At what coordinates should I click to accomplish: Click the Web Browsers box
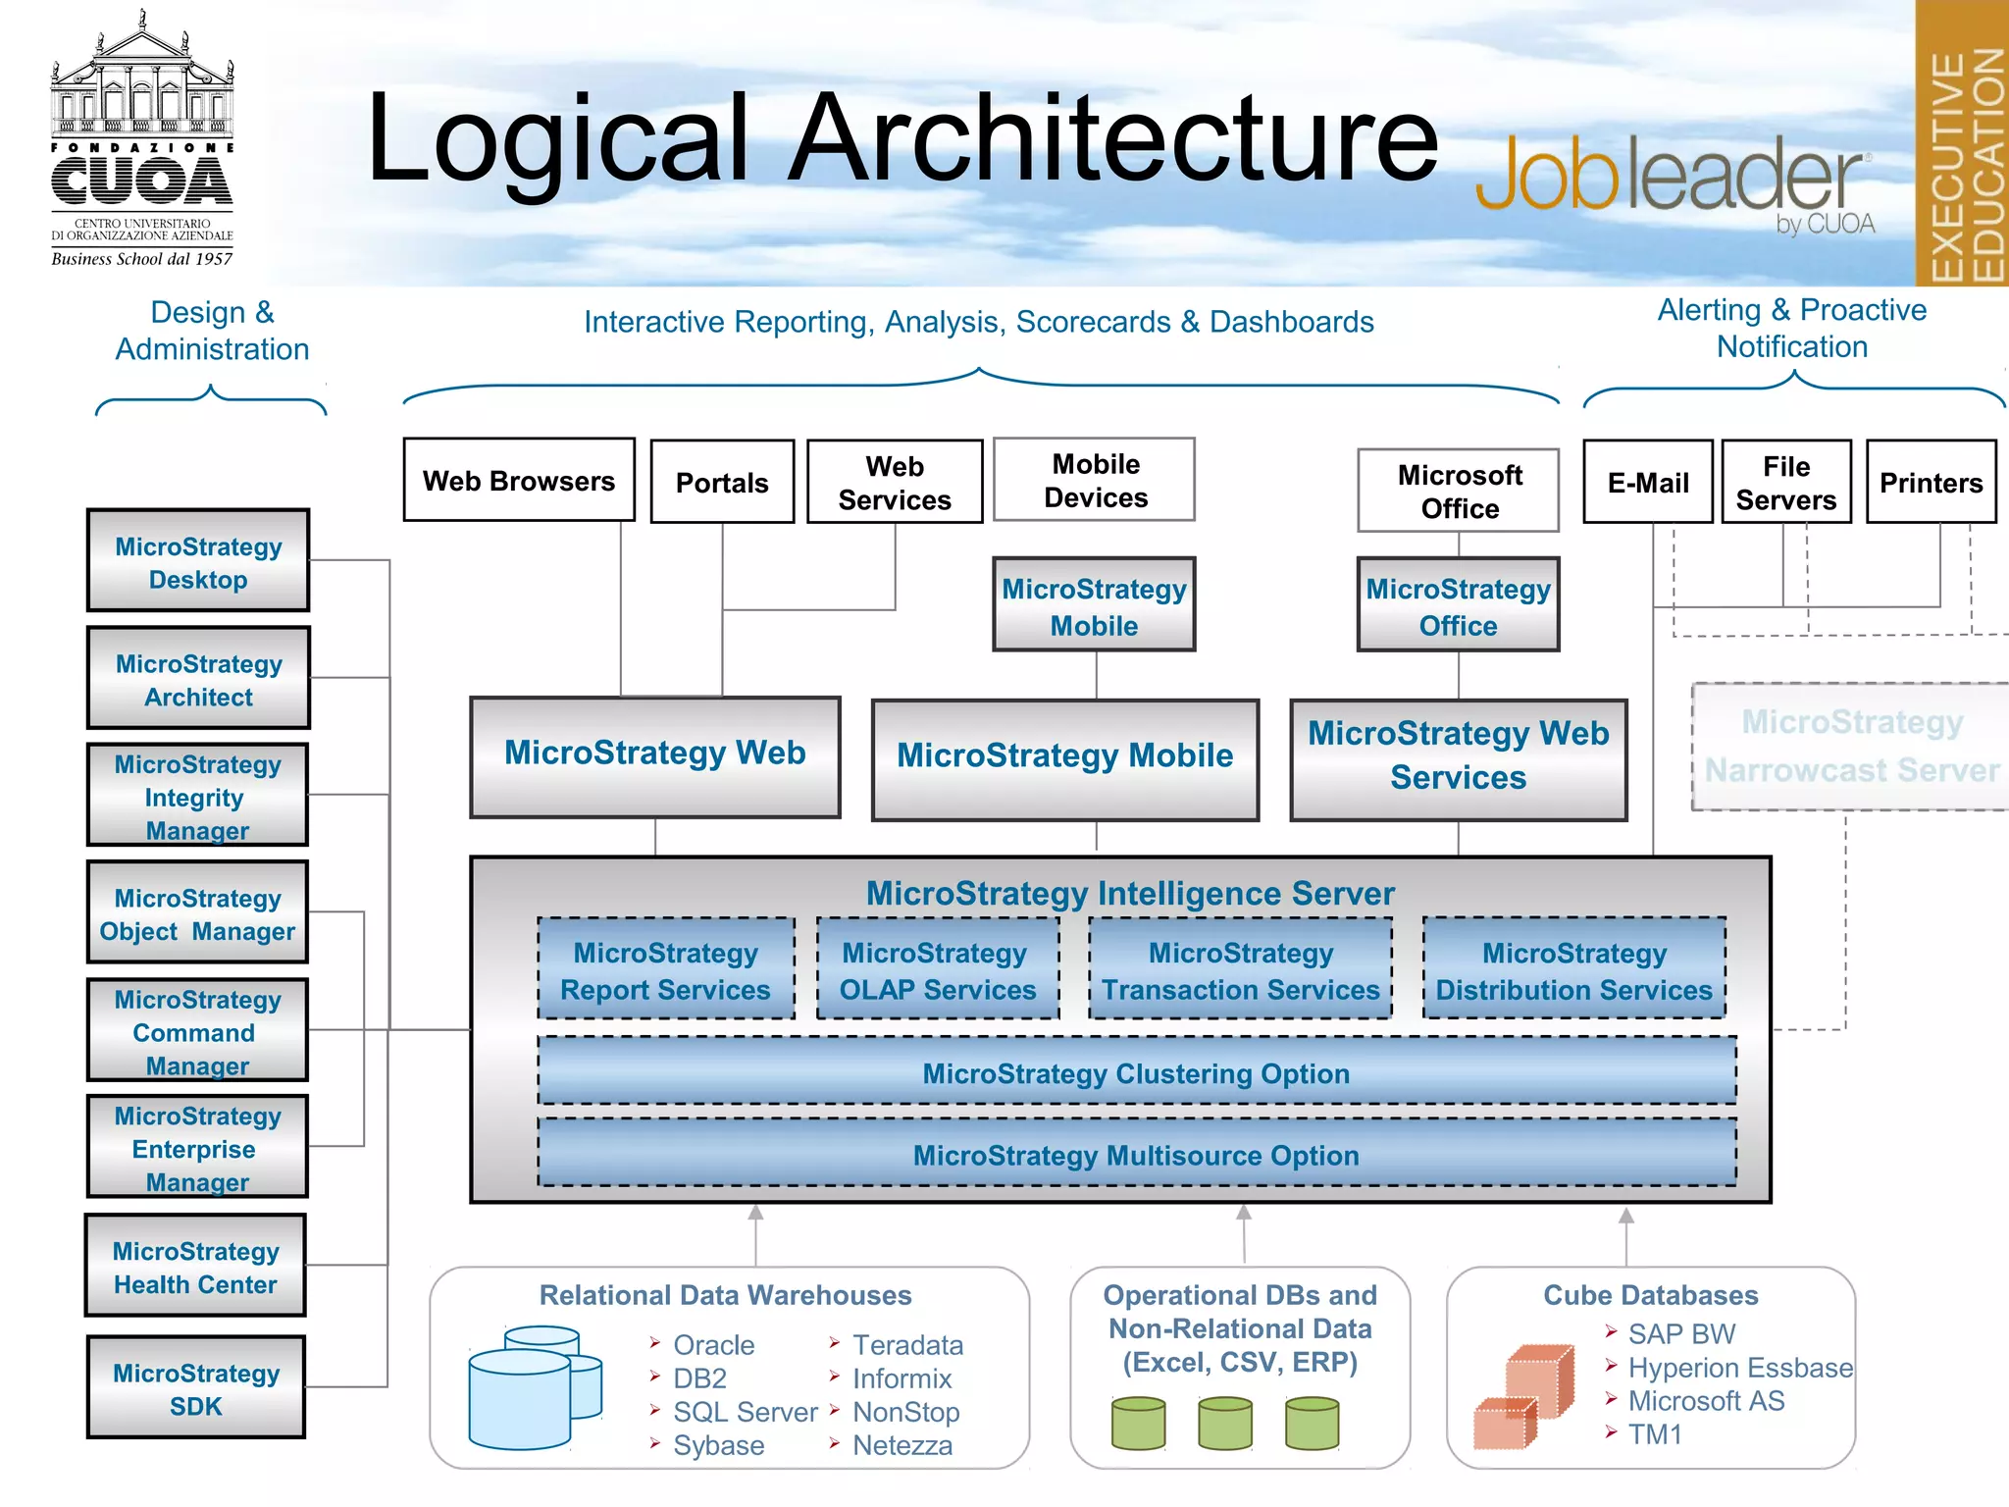(519, 480)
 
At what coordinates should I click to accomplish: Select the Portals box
(722, 482)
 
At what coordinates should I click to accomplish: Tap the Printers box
(1931, 482)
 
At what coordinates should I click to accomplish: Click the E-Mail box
(1648, 482)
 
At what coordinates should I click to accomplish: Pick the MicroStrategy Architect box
(198, 679)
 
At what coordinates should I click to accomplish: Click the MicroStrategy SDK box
(196, 1387)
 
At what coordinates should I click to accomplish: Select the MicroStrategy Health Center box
(195, 1267)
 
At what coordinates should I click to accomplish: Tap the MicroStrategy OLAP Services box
(937, 969)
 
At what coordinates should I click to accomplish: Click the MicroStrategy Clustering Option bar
(1136, 1072)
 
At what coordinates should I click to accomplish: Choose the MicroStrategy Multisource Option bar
(1136, 1154)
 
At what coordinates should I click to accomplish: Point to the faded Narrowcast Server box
(1850, 747)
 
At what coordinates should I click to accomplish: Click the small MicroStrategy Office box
(1458, 605)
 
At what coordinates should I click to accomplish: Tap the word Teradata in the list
(907, 1344)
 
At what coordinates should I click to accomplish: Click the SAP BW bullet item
(1681, 1333)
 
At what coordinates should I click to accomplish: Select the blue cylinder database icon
(530, 1388)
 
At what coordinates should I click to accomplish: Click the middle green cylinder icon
(1224, 1424)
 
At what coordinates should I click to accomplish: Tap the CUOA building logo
(142, 137)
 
